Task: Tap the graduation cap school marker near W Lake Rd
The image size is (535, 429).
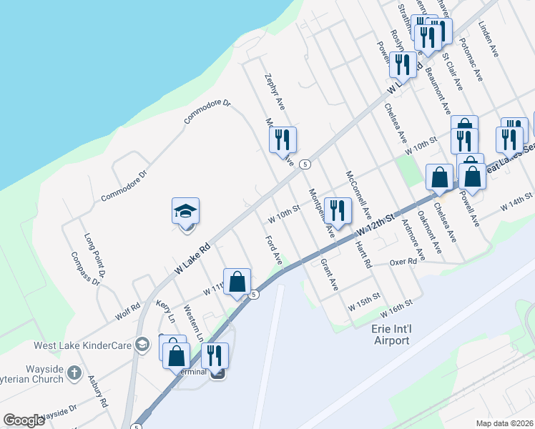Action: (x=185, y=212)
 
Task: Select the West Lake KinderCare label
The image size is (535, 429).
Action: (x=83, y=345)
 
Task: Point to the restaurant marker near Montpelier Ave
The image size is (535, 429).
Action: (x=337, y=210)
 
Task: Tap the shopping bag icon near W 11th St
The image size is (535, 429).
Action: (x=237, y=282)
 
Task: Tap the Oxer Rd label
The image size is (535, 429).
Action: (x=403, y=262)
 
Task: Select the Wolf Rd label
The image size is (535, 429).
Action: (x=127, y=311)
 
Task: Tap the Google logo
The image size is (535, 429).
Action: (x=24, y=420)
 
